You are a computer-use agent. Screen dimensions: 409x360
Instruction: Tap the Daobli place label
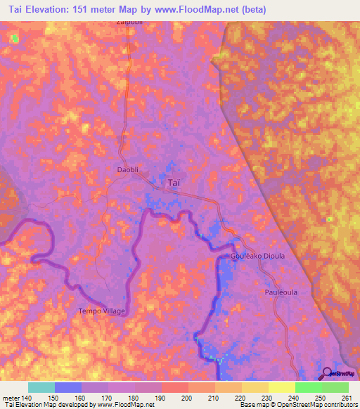tap(128, 170)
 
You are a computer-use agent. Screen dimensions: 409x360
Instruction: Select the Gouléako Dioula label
tap(257, 257)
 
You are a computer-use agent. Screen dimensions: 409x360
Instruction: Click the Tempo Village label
tap(101, 311)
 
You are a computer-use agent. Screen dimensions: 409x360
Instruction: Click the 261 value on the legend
tap(345, 398)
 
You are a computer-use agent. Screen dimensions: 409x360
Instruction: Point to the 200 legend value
tap(188, 398)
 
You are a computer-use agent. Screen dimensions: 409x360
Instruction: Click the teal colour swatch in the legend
tap(41, 387)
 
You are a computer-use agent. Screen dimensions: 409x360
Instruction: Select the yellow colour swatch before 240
tap(281, 387)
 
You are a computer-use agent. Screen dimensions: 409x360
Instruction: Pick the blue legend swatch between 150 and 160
tap(67, 387)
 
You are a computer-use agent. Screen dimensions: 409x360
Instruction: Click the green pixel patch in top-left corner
tap(15, 39)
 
